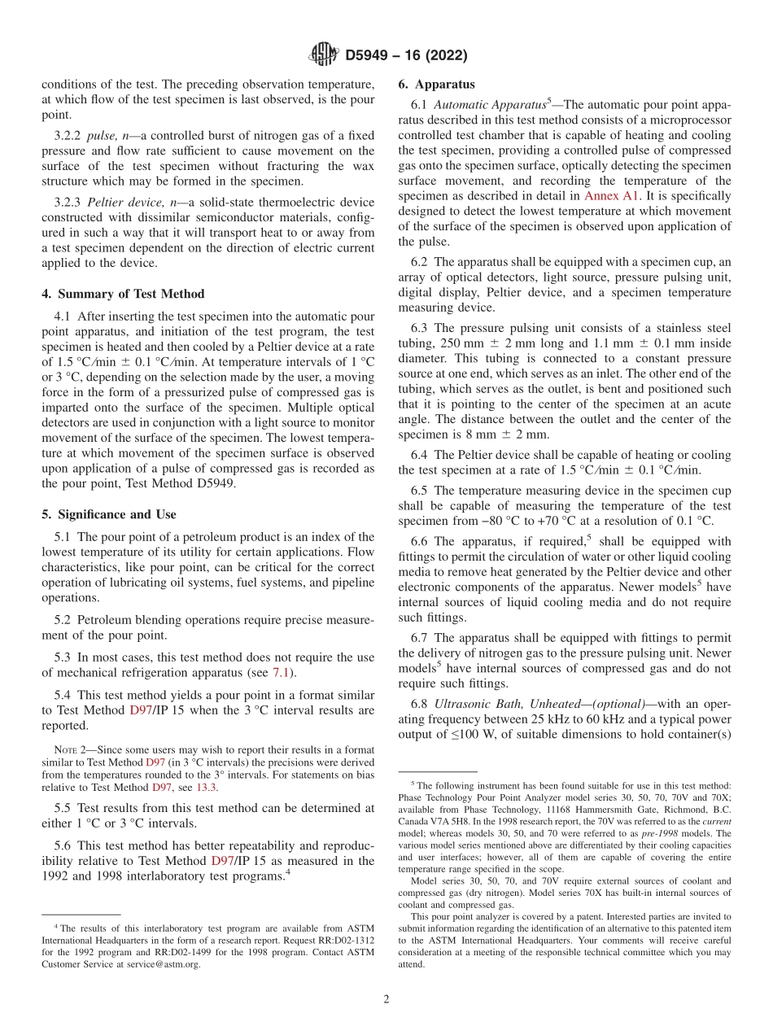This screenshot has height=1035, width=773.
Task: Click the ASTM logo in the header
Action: [323, 55]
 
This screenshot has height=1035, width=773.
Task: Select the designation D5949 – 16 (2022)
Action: [406, 56]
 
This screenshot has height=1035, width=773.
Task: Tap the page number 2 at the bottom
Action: [386, 999]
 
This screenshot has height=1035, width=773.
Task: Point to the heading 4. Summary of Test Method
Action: [123, 294]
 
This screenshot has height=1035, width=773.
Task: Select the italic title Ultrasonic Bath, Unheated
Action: [500, 704]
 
